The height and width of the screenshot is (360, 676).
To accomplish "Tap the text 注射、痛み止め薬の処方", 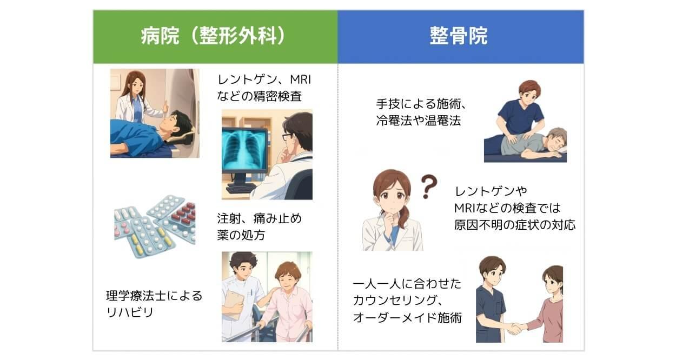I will pyautogui.click(x=259, y=227).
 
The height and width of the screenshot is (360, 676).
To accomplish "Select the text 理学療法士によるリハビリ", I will pyautogui.click(x=154, y=303).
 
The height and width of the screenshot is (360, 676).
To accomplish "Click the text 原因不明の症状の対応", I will pyautogui.click(x=514, y=225).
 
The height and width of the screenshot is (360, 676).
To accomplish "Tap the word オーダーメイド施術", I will pyautogui.click(x=407, y=317).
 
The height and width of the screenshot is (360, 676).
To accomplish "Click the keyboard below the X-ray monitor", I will pyautogui.click(x=240, y=189).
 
